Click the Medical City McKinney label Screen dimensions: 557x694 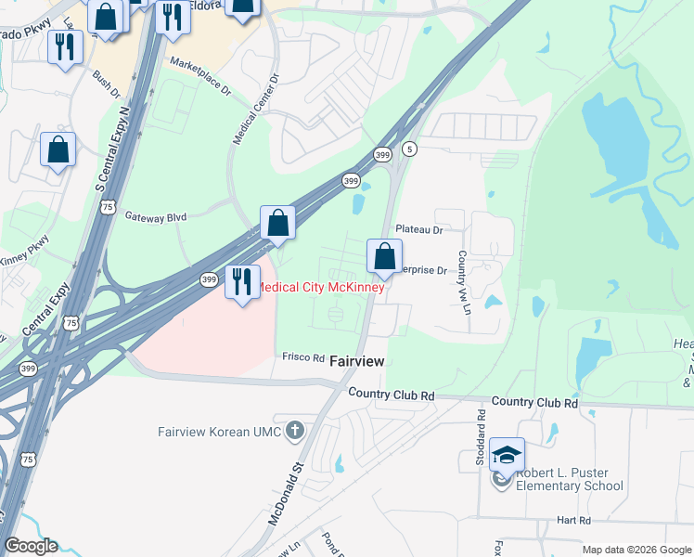point(320,287)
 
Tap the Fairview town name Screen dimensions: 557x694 point(357,360)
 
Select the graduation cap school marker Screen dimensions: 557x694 point(507,455)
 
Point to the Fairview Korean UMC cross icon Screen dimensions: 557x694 point(295,431)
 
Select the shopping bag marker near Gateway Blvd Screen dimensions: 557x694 point(277,222)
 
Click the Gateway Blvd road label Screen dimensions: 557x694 point(156,216)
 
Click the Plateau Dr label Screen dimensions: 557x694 point(418,228)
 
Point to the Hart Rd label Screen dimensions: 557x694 point(573,521)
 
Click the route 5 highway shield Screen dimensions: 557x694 point(410,149)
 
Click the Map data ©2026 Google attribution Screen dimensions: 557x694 point(636,550)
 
